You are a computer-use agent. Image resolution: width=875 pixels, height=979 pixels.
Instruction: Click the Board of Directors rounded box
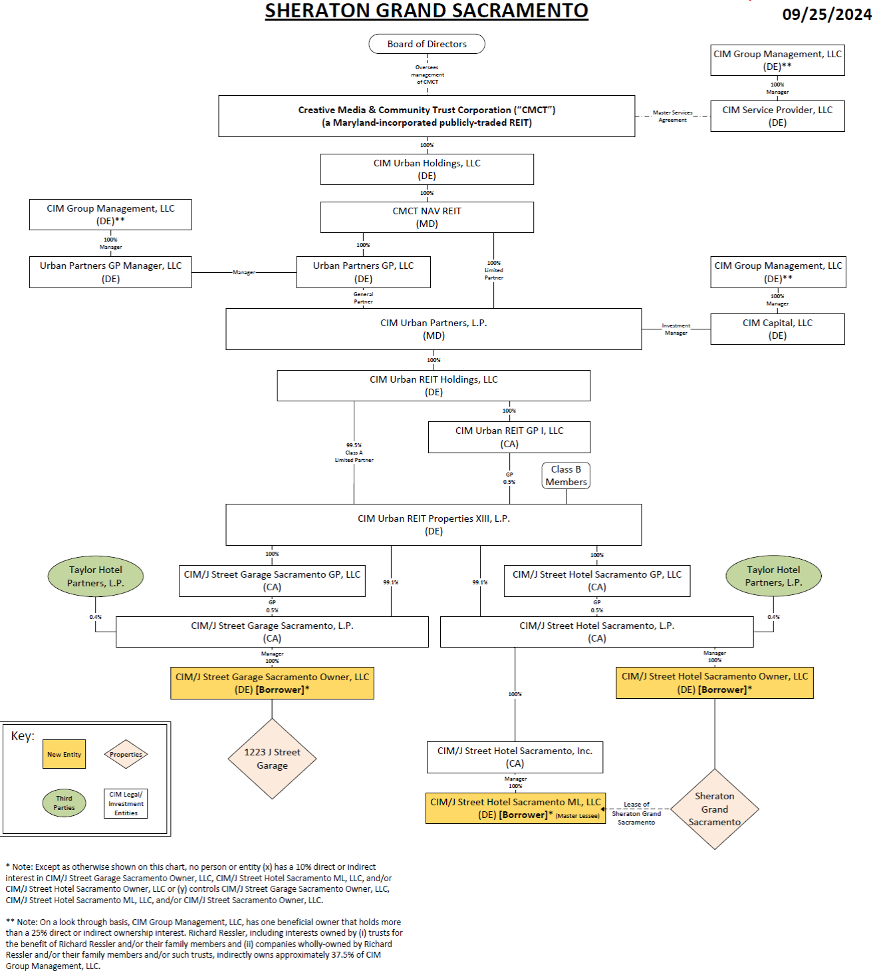point(427,44)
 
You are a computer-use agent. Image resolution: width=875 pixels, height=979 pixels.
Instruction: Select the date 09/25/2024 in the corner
point(826,15)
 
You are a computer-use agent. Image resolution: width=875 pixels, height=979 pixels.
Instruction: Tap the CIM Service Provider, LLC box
point(777,116)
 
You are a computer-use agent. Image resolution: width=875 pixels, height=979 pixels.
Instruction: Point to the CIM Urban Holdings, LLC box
point(427,170)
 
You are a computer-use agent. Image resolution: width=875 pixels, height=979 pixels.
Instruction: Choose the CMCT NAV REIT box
point(427,218)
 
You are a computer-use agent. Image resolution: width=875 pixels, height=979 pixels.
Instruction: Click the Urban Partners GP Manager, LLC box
point(110,272)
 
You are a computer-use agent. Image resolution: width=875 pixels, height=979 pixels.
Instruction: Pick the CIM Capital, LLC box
point(777,329)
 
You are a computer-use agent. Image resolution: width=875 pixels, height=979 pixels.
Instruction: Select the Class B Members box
point(566,476)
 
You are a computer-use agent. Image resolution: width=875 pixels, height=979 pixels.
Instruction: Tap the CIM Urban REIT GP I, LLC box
point(509,437)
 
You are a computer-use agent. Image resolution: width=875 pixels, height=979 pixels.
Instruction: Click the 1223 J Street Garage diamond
point(272,759)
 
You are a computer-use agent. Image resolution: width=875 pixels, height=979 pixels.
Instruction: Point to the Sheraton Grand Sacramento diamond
point(715,809)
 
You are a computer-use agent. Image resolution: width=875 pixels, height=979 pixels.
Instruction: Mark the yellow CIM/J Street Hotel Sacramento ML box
point(515,809)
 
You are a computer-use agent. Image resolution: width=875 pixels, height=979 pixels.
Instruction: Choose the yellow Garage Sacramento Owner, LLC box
point(272,684)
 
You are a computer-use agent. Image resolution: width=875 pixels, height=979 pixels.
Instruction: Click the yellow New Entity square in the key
point(64,754)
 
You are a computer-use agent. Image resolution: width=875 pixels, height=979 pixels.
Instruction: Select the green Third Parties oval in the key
point(64,803)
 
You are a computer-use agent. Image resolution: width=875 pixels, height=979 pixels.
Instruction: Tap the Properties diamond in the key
point(126,754)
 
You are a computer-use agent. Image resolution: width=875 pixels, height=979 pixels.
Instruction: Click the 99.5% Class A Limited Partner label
point(354,453)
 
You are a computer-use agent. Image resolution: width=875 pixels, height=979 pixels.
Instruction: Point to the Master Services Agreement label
point(672,116)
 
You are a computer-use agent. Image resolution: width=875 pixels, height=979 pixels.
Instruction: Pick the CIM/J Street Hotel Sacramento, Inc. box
point(515,757)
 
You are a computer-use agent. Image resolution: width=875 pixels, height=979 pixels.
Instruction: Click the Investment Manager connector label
point(676,329)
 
